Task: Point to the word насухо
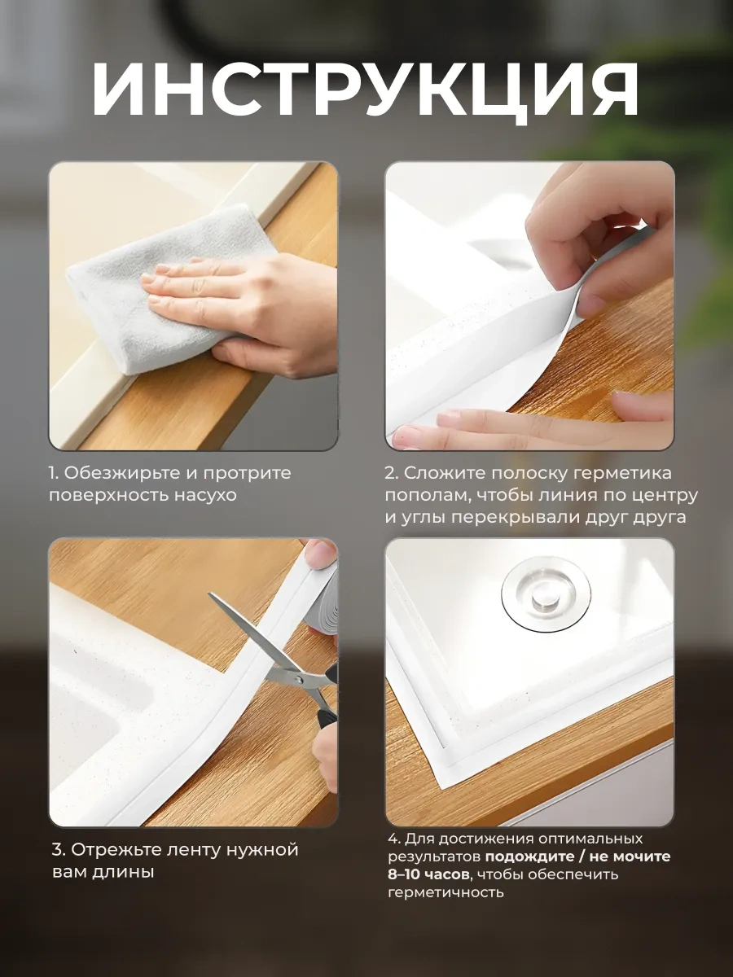point(205,495)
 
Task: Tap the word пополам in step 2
point(425,496)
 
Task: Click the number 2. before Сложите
point(392,473)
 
